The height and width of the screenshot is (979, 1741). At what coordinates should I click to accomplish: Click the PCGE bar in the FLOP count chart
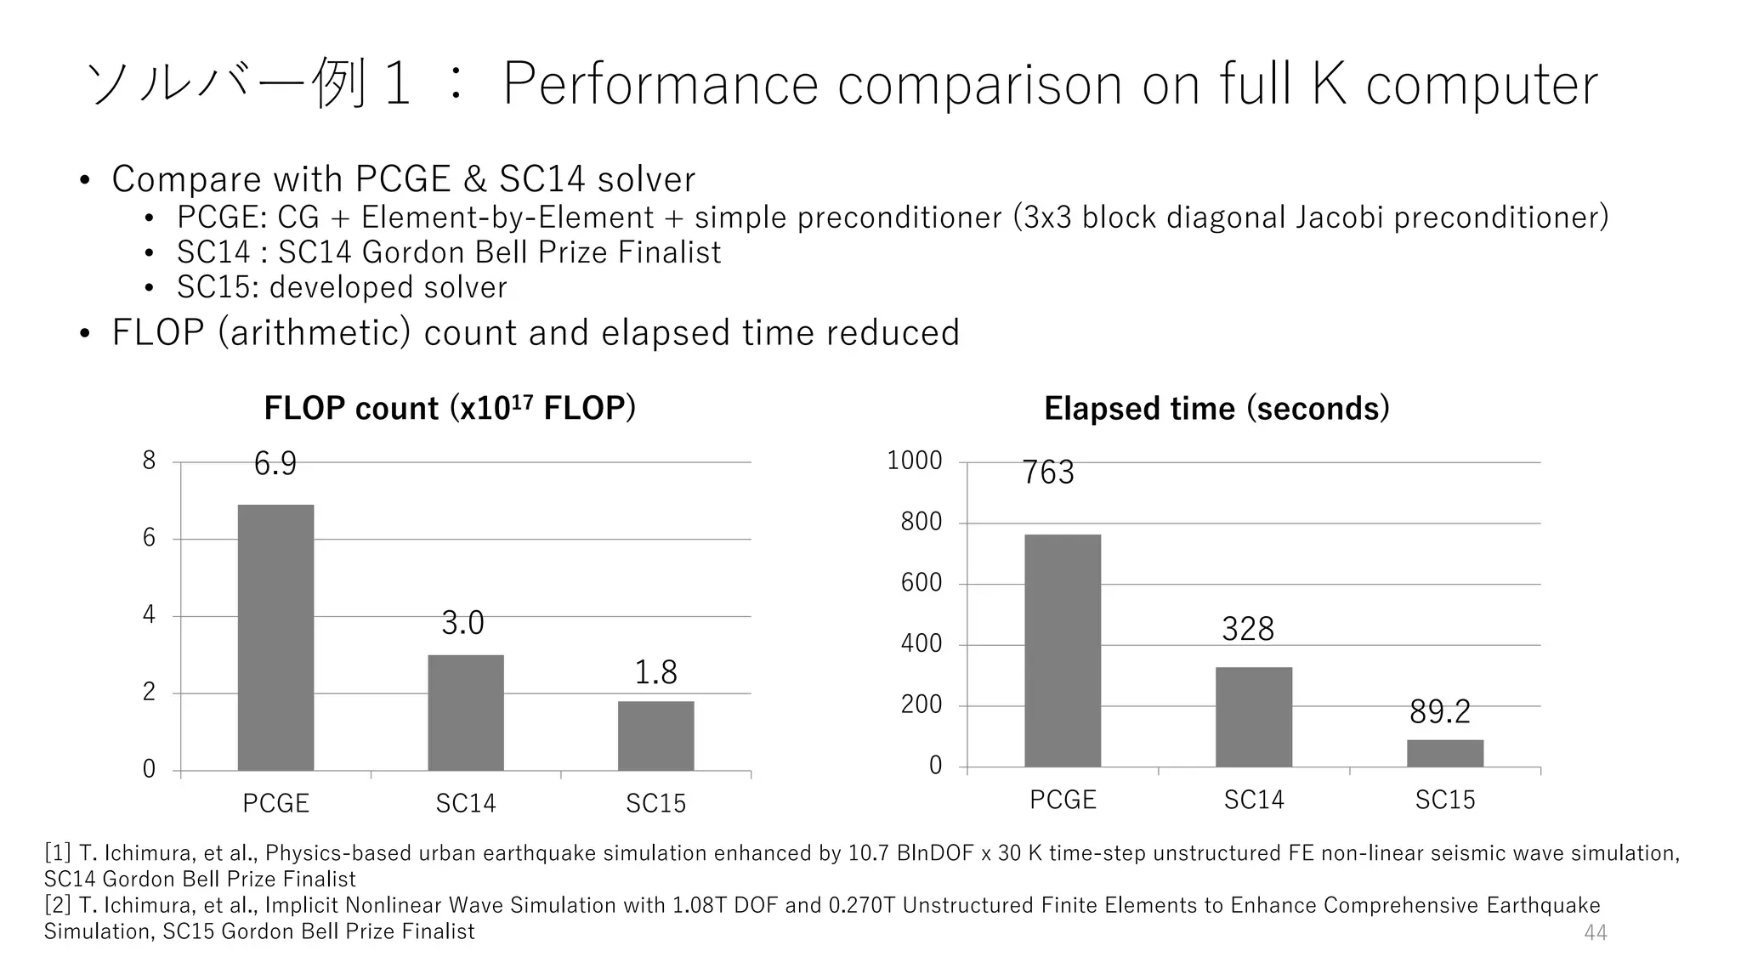[275, 637]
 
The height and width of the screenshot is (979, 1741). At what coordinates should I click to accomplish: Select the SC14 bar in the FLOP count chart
[465, 712]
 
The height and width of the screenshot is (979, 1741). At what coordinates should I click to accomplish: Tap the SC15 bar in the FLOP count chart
[655, 735]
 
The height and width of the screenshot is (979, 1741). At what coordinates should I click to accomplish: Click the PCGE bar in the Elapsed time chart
[1062, 650]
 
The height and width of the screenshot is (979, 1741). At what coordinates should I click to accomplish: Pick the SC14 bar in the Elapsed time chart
[1253, 716]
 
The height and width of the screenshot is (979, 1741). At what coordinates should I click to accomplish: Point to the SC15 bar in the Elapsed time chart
[1444, 753]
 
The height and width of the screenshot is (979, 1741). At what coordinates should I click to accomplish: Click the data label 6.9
[275, 464]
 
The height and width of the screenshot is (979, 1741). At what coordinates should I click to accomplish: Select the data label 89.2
[1439, 712]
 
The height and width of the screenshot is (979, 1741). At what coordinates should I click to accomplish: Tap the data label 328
[1247, 630]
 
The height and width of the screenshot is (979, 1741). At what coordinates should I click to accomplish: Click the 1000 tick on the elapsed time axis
[915, 461]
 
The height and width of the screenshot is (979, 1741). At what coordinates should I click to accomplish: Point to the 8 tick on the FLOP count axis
[150, 461]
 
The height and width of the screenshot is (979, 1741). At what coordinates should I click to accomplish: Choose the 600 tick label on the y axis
[922, 583]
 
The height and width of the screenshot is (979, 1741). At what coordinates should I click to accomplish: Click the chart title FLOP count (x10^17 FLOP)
[450, 408]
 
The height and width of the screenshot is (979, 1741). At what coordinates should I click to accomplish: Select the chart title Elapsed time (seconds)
[1216, 409]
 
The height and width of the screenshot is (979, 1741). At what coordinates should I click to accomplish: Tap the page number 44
[1595, 932]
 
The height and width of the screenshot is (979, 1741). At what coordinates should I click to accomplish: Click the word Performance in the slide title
[660, 84]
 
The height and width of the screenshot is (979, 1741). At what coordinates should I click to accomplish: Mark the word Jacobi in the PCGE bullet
[1341, 218]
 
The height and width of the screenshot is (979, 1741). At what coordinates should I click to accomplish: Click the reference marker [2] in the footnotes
[58, 905]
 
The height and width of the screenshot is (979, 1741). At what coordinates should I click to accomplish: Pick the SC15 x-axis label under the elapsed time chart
[1444, 800]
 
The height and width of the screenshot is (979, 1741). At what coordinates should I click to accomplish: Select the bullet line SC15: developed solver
[342, 287]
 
